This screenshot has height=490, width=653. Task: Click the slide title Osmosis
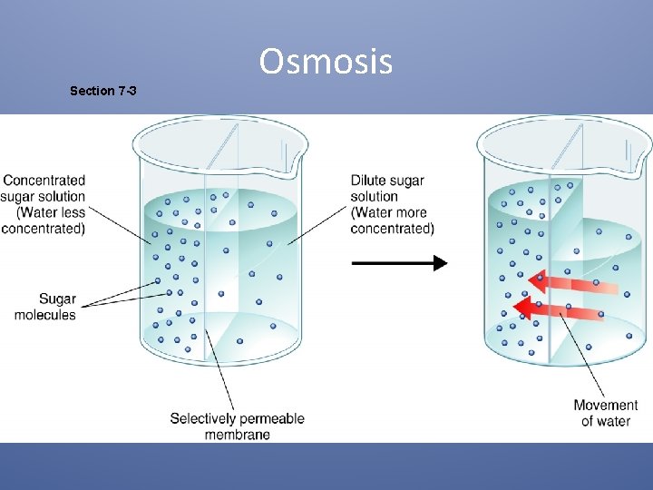pos(326,62)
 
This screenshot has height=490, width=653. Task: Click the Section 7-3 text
pos(103,91)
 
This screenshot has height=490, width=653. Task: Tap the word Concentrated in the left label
pos(44,181)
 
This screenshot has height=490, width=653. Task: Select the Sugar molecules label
pos(44,307)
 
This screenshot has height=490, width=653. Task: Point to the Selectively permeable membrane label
pos(237,426)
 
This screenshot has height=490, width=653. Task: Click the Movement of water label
pos(605,413)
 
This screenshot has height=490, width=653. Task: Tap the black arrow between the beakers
pos(399,263)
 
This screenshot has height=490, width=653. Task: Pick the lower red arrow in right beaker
pos(557,310)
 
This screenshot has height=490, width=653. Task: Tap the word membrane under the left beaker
pos(237,435)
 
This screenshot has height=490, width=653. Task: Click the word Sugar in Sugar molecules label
pos(57,299)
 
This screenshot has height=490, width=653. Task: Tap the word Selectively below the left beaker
pos(204,418)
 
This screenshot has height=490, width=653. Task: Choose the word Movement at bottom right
pos(605,405)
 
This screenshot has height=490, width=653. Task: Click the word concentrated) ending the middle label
pos(392,229)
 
